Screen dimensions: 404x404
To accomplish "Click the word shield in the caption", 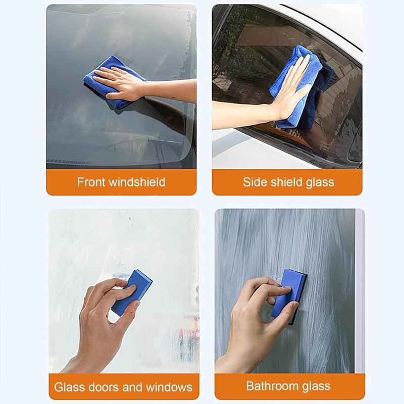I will click(285, 182).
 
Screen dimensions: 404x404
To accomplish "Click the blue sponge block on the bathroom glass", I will click(290, 293).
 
